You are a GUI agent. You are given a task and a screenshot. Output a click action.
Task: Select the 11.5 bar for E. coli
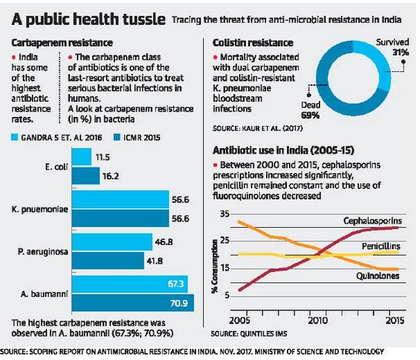pos(82,156)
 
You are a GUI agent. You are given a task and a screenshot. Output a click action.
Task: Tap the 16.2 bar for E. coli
pos(86,174)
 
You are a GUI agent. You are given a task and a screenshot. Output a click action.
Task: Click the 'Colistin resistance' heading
pos(245,43)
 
